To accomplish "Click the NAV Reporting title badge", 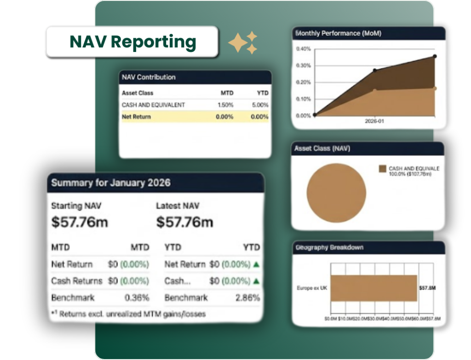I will click(132, 42).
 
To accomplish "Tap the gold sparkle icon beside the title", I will click(243, 43).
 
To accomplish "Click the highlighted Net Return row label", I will click(136, 117).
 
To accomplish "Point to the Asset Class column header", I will click(138, 93).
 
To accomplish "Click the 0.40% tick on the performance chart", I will click(303, 49).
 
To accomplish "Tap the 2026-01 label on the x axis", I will click(375, 122).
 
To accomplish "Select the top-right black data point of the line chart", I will click(435, 57).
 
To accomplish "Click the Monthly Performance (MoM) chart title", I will click(338, 33).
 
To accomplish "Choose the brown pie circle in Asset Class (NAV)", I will click(336, 193).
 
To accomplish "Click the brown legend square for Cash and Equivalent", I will click(382, 169).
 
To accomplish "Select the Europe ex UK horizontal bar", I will click(373, 288).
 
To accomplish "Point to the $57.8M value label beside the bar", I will click(427, 288).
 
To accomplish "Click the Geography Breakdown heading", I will click(330, 247).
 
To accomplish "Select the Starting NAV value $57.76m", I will click(80, 222).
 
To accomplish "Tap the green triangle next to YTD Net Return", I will click(256, 264).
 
